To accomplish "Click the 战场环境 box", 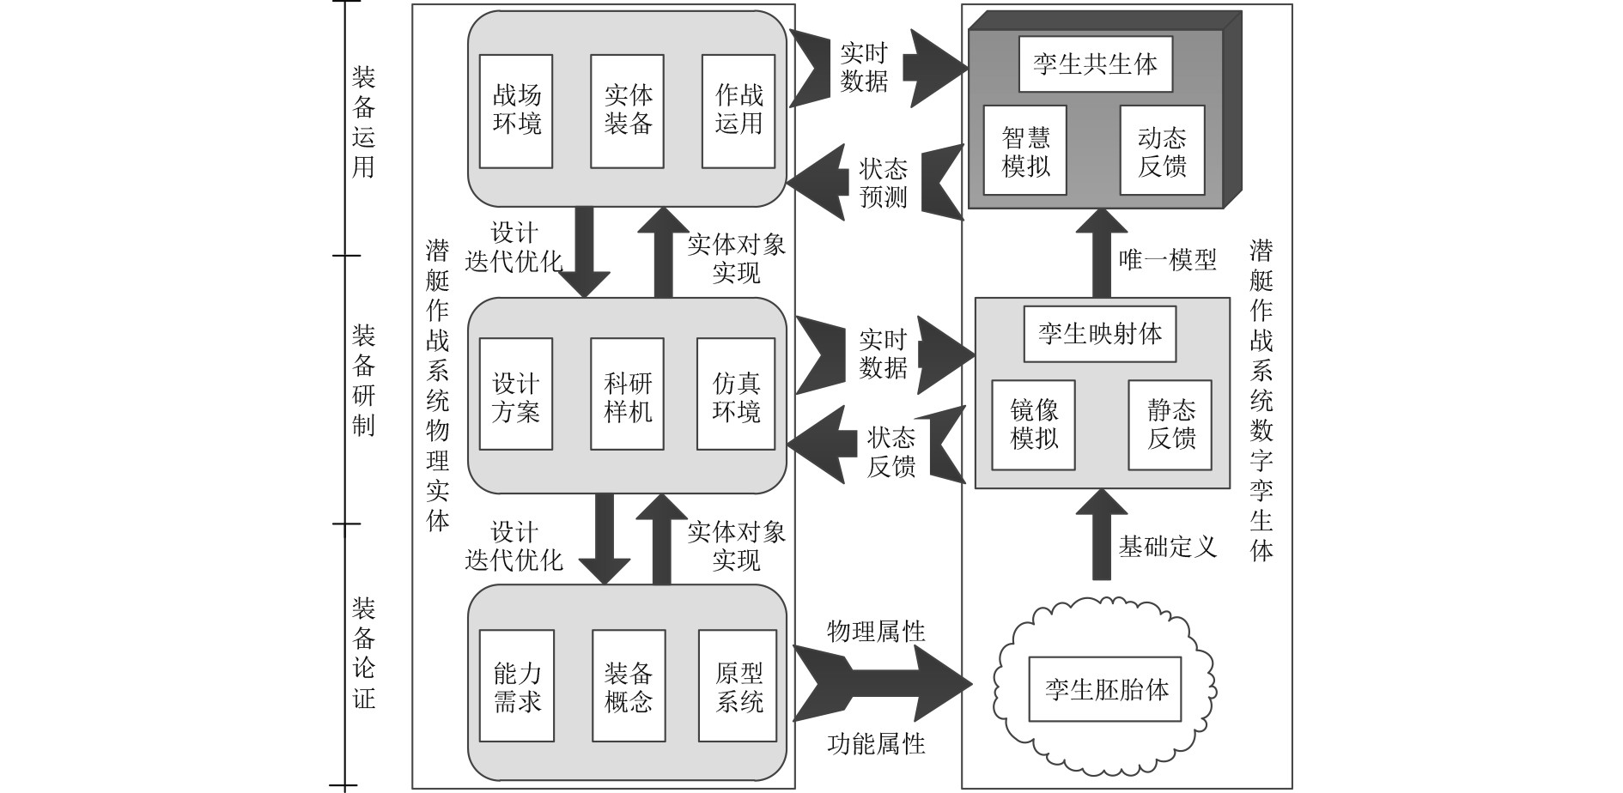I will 516,111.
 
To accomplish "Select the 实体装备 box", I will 628,111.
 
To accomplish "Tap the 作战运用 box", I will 739,111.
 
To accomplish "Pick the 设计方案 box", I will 516,394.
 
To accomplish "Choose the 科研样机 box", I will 628,394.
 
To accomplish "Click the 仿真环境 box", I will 736,394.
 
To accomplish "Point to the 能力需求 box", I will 516,686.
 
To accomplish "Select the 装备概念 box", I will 629,686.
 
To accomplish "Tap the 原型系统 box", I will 738,686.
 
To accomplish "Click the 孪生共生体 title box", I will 1095,64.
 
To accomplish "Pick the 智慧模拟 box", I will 1025,150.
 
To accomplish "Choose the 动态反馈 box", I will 1162,150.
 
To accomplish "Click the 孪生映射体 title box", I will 1100,333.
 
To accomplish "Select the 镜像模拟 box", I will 1034,425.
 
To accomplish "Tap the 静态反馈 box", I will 1170,425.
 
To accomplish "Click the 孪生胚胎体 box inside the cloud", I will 1106,688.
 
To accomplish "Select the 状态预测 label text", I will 883,181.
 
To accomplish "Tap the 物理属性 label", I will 876,633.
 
